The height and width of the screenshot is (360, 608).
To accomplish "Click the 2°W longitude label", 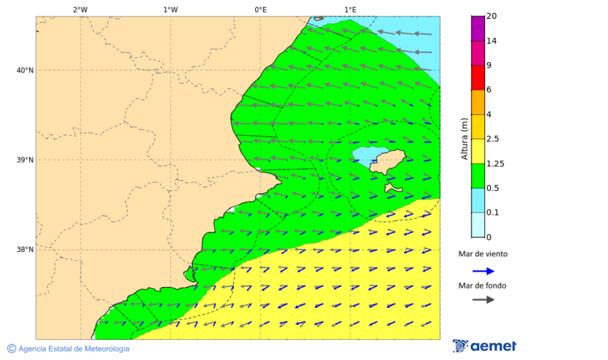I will [x=80, y=9].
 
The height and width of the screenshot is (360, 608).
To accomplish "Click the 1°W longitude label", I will [x=170, y=9].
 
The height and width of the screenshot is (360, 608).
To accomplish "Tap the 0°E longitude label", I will [x=260, y=9].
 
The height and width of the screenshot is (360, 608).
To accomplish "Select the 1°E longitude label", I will [x=350, y=9].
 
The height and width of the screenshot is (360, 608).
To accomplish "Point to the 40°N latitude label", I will [x=25, y=70].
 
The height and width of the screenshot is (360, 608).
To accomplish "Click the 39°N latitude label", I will [x=25, y=160].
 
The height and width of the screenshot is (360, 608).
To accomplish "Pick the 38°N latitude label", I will [x=25, y=250].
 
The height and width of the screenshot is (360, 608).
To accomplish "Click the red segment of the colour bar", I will [x=478, y=78].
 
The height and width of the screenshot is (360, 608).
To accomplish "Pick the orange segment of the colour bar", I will [x=478, y=102].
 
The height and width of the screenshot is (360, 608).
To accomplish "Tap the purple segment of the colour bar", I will [x=478, y=28].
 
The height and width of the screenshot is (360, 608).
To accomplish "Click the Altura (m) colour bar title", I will [x=464, y=138].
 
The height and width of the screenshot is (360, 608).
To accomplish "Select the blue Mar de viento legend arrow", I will [x=483, y=271].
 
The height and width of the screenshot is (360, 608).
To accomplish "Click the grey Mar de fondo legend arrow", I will [x=483, y=300].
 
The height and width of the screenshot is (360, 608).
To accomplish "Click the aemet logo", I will [x=484, y=346].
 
